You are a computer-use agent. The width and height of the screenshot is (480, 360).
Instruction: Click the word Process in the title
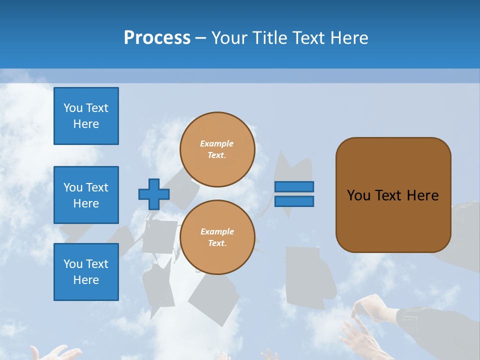click(157, 38)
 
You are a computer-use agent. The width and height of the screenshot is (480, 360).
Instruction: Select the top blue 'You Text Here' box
click(86, 116)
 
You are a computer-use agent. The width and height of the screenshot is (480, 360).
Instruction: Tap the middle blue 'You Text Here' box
click(86, 195)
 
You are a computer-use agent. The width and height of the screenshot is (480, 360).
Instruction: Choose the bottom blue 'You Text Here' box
click(86, 272)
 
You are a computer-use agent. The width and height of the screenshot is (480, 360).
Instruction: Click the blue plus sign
click(154, 194)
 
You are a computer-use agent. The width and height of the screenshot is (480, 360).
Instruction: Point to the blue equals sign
click(294, 194)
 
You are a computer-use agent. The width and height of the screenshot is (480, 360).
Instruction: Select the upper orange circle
click(217, 149)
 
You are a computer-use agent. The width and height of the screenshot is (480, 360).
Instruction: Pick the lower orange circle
click(217, 237)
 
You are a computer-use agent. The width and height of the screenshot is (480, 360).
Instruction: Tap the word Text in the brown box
click(389, 195)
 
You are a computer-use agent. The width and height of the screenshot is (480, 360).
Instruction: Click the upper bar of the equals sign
click(294, 187)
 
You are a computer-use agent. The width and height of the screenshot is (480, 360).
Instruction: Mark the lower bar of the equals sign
click(294, 201)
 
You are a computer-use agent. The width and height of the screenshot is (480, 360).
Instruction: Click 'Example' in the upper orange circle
click(217, 143)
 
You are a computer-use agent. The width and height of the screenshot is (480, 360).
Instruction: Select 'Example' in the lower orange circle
click(217, 231)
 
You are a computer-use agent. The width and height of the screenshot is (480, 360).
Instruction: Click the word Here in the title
click(350, 38)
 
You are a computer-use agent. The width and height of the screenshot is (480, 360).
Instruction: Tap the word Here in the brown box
click(422, 195)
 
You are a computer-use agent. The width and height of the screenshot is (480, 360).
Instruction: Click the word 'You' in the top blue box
click(73, 108)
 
